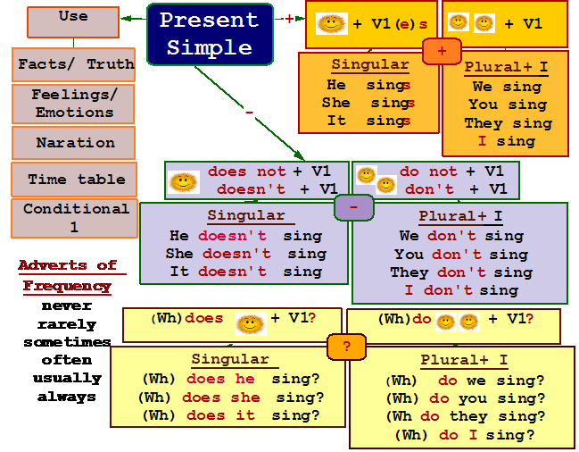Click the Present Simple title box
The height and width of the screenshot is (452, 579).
click(210, 34)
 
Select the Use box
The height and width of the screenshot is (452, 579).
click(73, 22)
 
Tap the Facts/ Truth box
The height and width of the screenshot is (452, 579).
click(73, 64)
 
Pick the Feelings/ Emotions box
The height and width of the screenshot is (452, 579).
click(73, 104)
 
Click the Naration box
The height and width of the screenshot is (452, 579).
click(73, 143)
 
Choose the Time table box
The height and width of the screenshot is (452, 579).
click(74, 180)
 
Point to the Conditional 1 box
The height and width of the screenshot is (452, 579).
click(74, 218)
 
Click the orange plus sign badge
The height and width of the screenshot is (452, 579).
click(442, 51)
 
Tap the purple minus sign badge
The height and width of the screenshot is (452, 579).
click(354, 208)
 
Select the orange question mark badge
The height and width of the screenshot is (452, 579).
click(346, 347)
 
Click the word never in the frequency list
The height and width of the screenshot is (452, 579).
click(67, 306)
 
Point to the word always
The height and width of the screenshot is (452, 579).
click(67, 397)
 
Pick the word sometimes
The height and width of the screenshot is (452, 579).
click(67, 342)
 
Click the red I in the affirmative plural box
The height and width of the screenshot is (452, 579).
click(482, 141)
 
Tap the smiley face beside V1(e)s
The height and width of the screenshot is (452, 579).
click(332, 23)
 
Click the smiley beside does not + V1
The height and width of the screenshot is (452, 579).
click(184, 182)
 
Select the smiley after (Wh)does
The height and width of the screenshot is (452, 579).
click(251, 324)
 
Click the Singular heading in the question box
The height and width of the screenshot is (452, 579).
click(230, 359)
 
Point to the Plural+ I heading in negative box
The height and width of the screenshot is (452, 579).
click(460, 216)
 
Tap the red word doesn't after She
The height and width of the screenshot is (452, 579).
click(236, 254)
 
